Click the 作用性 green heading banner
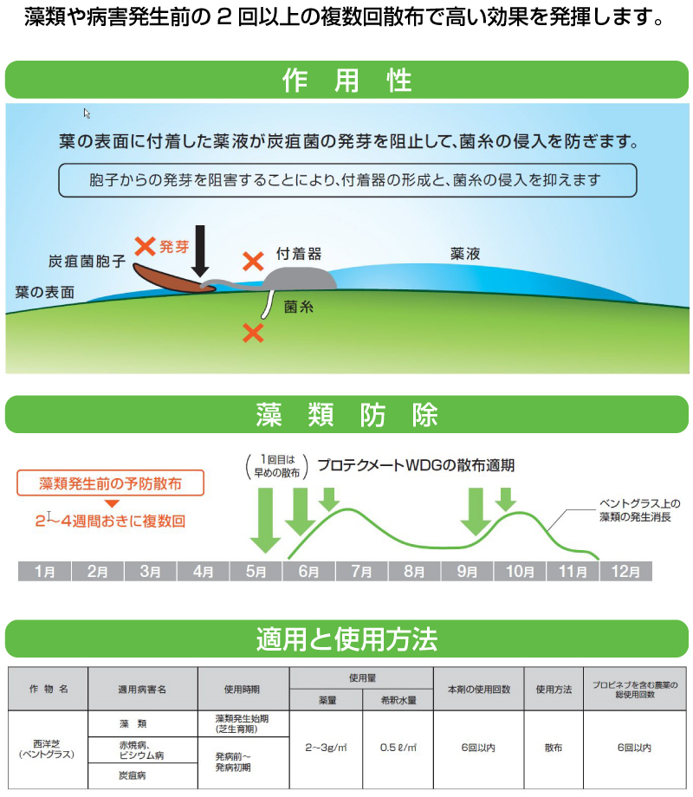[346, 80]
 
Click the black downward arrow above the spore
[200, 251]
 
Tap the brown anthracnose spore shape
[173, 279]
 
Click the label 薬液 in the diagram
[464, 254]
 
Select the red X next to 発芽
[145, 247]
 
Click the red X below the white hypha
[253, 334]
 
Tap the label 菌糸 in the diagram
[299, 307]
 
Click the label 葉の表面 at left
[45, 292]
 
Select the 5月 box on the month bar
[256, 571]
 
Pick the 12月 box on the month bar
[625, 571]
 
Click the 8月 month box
[414, 571]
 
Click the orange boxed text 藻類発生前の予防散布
[110, 483]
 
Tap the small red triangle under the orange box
[112, 503]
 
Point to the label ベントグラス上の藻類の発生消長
[638, 510]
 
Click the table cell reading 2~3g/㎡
[326, 748]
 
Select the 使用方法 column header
[554, 690]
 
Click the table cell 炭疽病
[133, 775]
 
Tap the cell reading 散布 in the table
[554, 748]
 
